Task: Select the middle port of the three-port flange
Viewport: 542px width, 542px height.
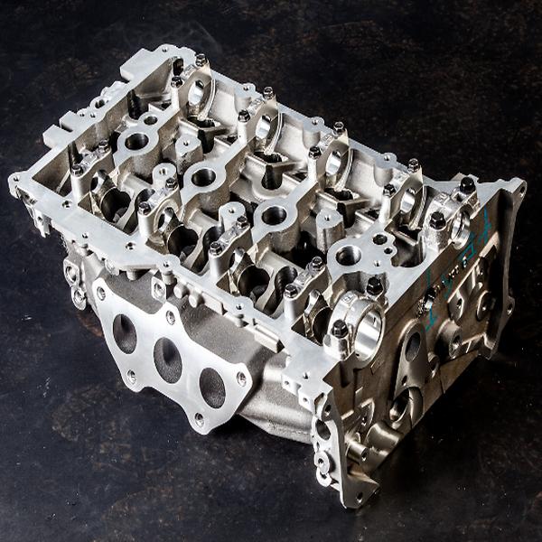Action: [167, 359]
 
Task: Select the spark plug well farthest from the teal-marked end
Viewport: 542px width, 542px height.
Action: [136, 141]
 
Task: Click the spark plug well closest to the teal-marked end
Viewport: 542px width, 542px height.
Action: [348, 256]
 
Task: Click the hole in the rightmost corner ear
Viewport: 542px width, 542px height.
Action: [519, 189]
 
